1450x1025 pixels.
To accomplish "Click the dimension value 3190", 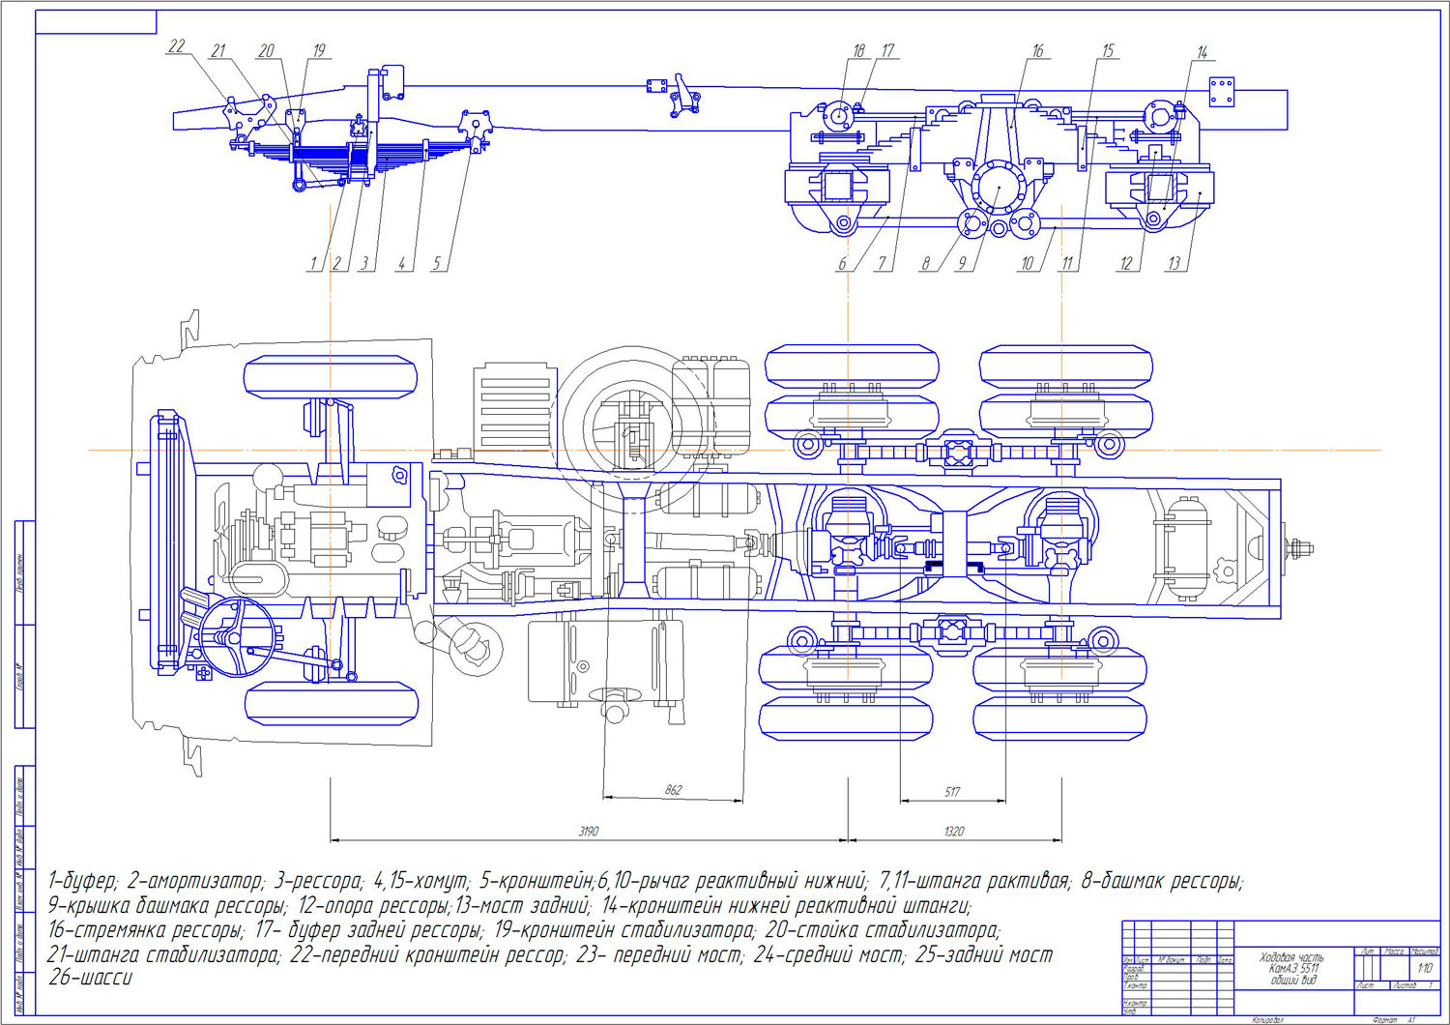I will pyautogui.click(x=588, y=831).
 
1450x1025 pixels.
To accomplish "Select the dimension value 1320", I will pyautogui.click(x=953, y=831).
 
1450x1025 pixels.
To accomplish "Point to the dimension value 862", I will pyautogui.click(x=673, y=790).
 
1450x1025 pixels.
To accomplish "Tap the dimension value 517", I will pyautogui.click(x=952, y=792).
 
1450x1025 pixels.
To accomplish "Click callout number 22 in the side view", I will pyautogui.click(x=176, y=46).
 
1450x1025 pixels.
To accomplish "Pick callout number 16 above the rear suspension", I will pyautogui.click(x=1037, y=51).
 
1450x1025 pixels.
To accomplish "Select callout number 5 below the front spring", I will pyautogui.click(x=436, y=263).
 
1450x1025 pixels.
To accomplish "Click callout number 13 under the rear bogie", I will pyautogui.click(x=1174, y=263).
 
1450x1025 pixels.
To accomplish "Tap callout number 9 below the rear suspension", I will pyautogui.click(x=962, y=263).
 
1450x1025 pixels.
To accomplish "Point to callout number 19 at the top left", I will pyautogui.click(x=318, y=50).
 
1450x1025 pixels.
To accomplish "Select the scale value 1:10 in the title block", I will pyautogui.click(x=1425, y=968).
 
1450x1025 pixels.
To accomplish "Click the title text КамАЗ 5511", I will pyautogui.click(x=1293, y=968).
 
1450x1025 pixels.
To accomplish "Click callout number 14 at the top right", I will pyautogui.click(x=1202, y=52).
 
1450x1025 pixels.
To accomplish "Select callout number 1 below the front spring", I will pyautogui.click(x=313, y=263).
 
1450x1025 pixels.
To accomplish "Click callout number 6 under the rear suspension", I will pyautogui.click(x=842, y=263).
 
